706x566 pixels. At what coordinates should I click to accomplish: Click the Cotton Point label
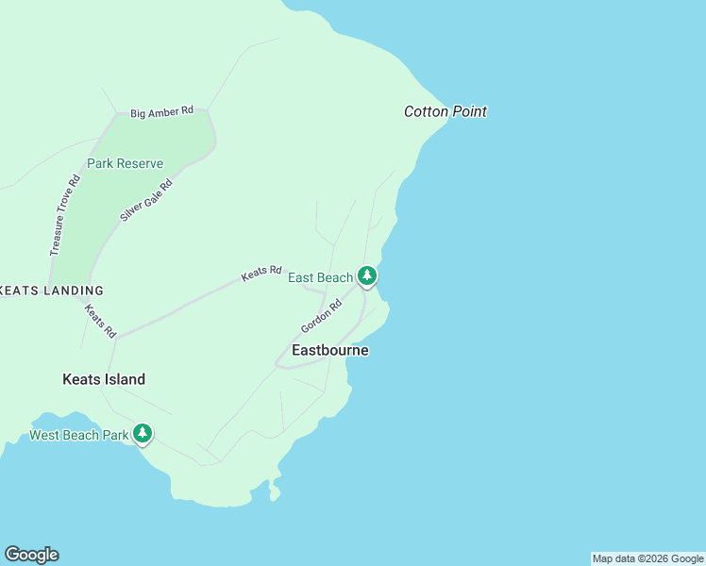click(x=445, y=111)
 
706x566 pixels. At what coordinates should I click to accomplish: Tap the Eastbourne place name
click(x=330, y=350)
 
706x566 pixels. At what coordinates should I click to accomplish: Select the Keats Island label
click(x=104, y=379)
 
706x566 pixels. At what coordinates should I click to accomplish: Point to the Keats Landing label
click(x=51, y=291)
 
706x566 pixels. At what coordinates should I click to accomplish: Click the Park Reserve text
click(x=125, y=163)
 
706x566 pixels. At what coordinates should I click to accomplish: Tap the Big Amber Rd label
click(x=161, y=111)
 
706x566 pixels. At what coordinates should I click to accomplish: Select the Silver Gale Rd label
click(x=146, y=200)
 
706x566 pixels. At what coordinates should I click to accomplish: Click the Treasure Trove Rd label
click(x=63, y=215)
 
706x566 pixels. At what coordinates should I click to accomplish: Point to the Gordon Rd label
click(x=320, y=316)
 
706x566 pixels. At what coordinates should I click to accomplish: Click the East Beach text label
click(x=320, y=277)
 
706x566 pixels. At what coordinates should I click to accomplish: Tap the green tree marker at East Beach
click(x=367, y=275)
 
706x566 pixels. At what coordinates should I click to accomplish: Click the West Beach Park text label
click(x=78, y=435)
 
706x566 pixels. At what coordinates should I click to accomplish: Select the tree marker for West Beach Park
click(x=143, y=433)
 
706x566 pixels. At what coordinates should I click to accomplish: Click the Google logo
click(x=31, y=555)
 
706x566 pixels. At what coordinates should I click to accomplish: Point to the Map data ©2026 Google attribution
click(x=647, y=558)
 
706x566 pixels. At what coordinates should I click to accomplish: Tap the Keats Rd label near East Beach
click(x=261, y=273)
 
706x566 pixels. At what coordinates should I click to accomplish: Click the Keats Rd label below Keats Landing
click(x=100, y=321)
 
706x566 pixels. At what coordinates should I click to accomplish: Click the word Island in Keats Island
click(x=124, y=379)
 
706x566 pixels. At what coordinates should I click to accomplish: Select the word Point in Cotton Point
click(x=469, y=111)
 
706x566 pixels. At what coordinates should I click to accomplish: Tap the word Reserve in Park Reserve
click(x=140, y=163)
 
